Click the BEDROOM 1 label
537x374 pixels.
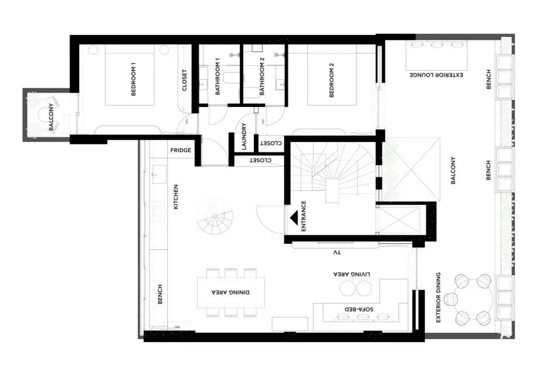133,79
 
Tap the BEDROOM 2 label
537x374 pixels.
332,80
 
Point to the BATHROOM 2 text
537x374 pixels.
262,76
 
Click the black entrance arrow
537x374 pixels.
294,218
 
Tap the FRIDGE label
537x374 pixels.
181,150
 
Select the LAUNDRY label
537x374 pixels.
244,136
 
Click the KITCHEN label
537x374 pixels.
176,197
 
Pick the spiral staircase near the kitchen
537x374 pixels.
214,216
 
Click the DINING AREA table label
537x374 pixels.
230,292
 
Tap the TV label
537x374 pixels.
337,252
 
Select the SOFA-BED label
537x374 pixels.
359,309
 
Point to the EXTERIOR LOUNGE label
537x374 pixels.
436,75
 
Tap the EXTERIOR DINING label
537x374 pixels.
438,297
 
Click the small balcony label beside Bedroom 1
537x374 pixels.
51,117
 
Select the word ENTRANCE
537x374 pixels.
303,216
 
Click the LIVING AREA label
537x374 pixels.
352,274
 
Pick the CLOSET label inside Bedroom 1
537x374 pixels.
184,80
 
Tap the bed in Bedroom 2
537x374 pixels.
332,75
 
